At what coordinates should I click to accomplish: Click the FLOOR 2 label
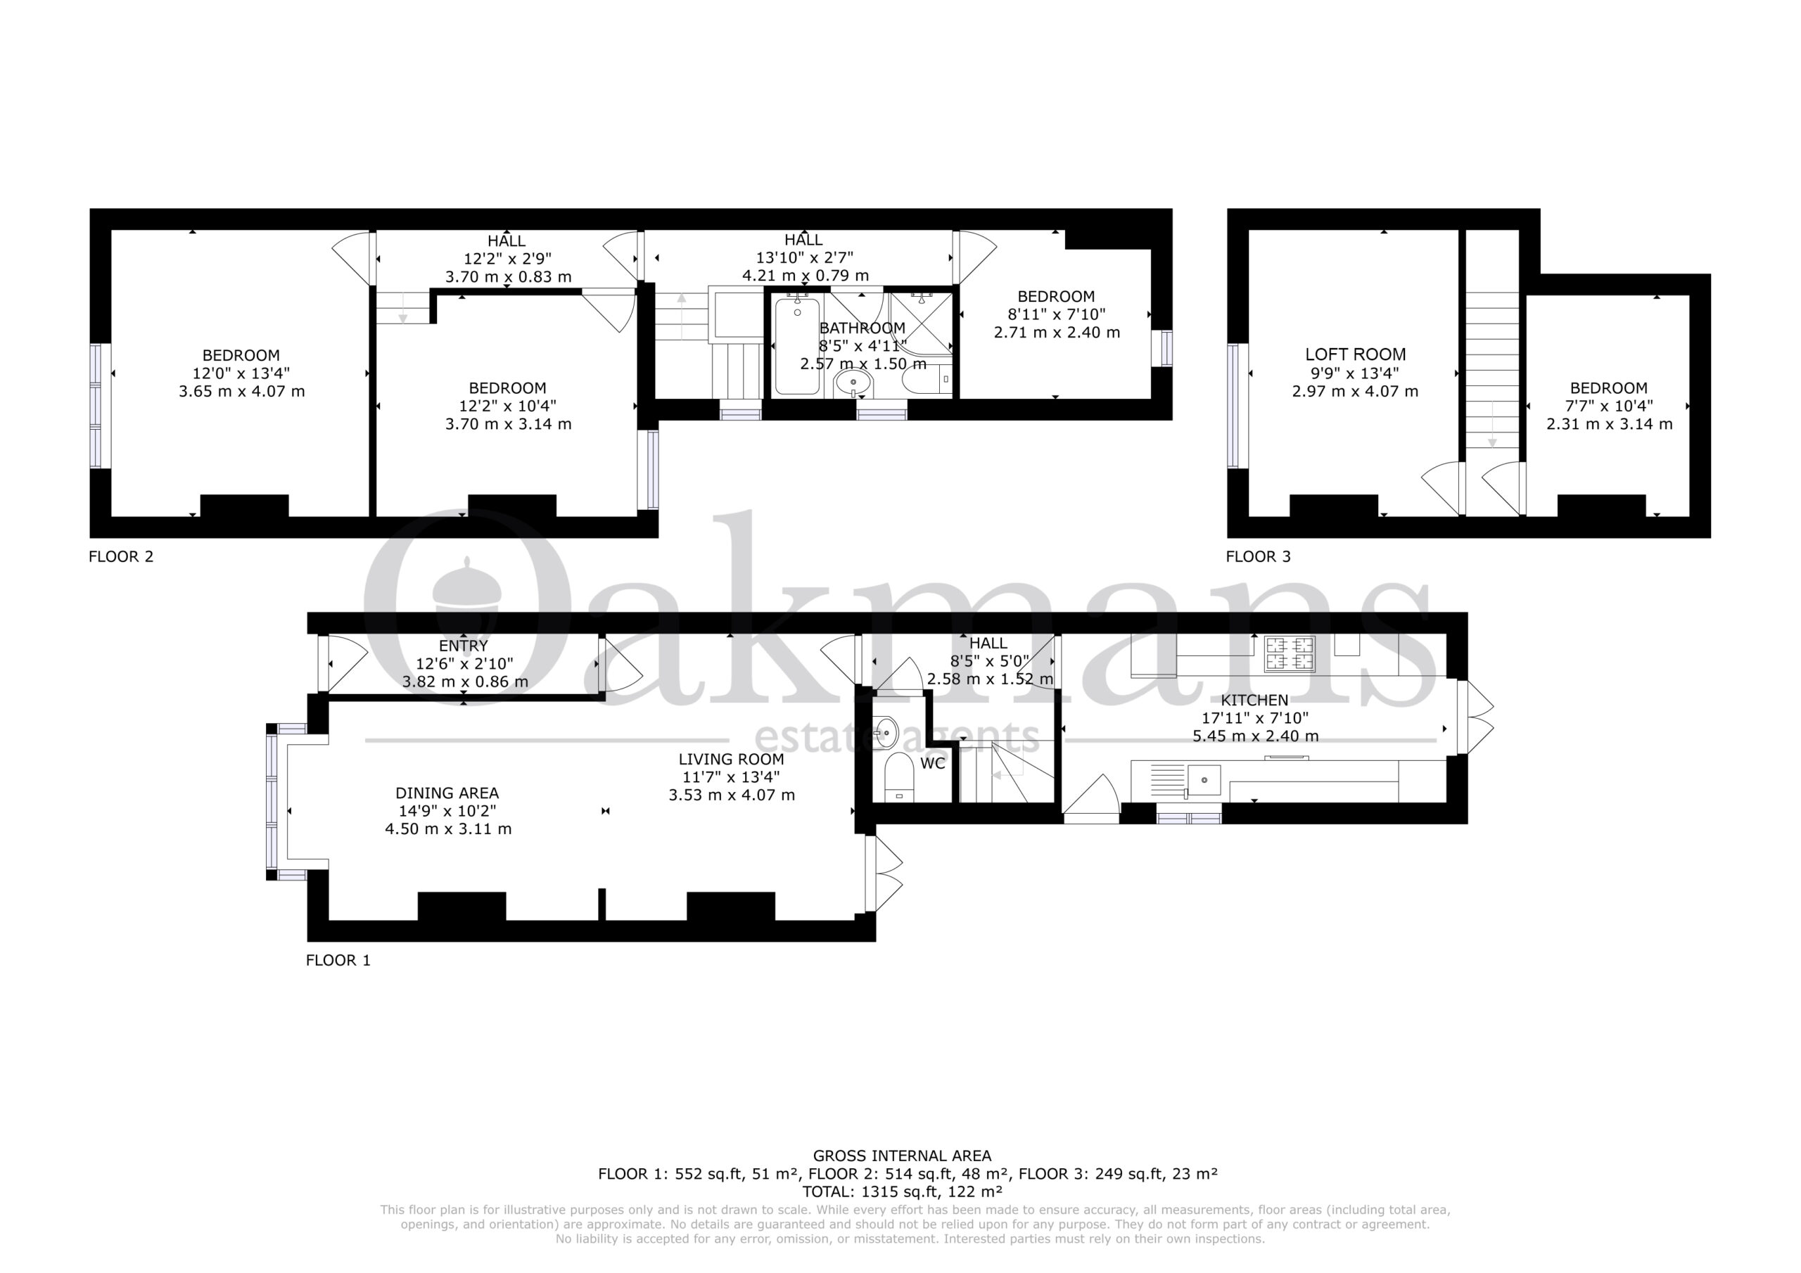(121, 557)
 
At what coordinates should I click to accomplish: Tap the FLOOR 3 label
(1258, 557)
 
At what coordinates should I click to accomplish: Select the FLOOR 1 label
(338, 960)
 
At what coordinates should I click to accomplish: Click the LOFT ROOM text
(1356, 354)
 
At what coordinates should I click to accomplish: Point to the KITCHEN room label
(1255, 701)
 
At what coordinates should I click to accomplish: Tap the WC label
(933, 763)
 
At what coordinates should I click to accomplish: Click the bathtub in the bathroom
(797, 346)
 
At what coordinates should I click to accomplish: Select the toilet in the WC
(899, 776)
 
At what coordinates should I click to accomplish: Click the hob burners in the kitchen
(1290, 654)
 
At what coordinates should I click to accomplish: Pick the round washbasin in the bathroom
(853, 383)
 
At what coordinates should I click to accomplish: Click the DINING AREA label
(447, 793)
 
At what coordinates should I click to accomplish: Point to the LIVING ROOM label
(731, 760)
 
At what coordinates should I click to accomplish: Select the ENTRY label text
(464, 646)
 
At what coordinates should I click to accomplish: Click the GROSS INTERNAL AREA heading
(902, 1156)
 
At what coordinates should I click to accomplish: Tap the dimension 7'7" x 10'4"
(1609, 407)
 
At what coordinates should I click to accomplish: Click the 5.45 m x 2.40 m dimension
(1255, 736)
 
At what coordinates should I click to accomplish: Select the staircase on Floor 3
(1493, 369)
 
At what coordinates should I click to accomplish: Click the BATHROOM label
(862, 328)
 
